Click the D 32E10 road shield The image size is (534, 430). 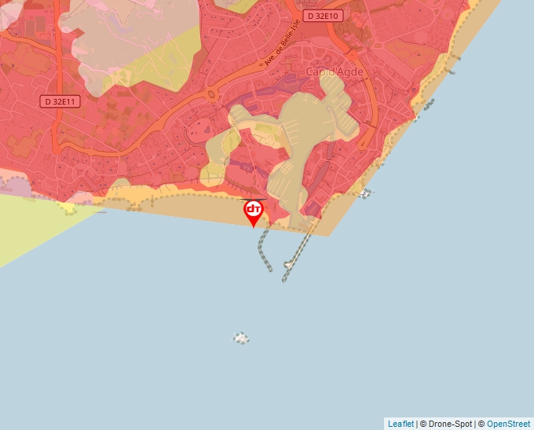coord(324,16)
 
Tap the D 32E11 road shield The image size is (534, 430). coord(60,101)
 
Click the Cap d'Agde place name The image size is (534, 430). coord(335,72)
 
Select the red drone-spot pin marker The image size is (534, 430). coord(254,211)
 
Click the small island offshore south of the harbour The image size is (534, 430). coord(241,338)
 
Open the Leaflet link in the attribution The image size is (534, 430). coord(400,424)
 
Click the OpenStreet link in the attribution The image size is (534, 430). coord(508,424)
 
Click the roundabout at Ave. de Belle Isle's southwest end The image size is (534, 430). coord(213,96)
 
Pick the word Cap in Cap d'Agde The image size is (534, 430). coord(315,72)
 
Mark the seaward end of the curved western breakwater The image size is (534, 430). coord(272,270)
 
